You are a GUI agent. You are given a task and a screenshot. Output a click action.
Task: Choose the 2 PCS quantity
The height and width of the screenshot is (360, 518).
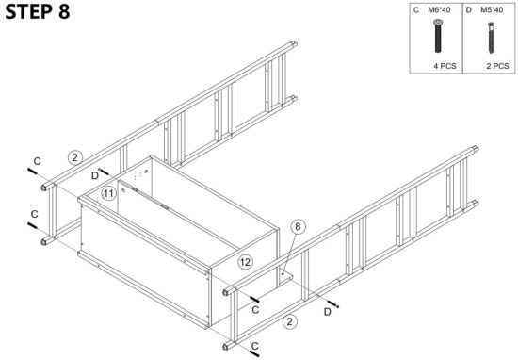pyautogui.click(x=496, y=66)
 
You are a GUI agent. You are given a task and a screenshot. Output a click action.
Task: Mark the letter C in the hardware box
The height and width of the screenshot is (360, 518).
pyautogui.click(x=416, y=9)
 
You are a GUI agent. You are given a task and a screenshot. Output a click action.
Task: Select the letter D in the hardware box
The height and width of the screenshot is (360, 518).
pyautogui.click(x=468, y=9)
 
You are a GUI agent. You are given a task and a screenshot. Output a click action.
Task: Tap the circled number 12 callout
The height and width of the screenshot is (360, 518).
pyautogui.click(x=245, y=261)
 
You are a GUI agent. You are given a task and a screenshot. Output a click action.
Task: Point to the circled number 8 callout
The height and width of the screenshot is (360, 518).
pyautogui.click(x=299, y=226)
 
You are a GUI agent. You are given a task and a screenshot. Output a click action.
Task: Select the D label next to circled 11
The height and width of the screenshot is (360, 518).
pyautogui.click(x=95, y=174)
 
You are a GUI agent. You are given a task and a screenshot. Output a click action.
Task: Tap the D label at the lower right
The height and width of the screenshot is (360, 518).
pyautogui.click(x=327, y=310)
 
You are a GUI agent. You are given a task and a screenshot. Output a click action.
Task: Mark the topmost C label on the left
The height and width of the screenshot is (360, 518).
pyautogui.click(x=37, y=162)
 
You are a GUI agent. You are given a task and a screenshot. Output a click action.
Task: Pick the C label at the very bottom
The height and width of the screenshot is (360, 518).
pyautogui.click(x=255, y=347)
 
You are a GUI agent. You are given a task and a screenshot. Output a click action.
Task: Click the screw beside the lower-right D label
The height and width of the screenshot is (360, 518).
pyautogui.click(x=336, y=300)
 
